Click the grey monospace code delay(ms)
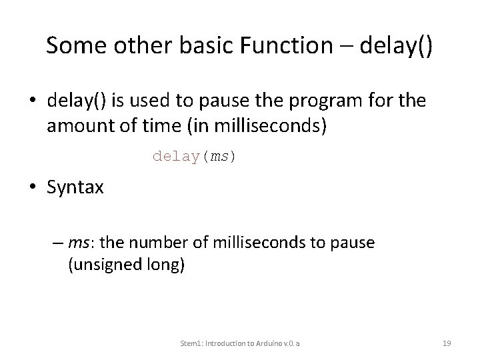click(x=194, y=156)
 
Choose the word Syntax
click(x=75, y=187)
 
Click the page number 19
click(x=447, y=343)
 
